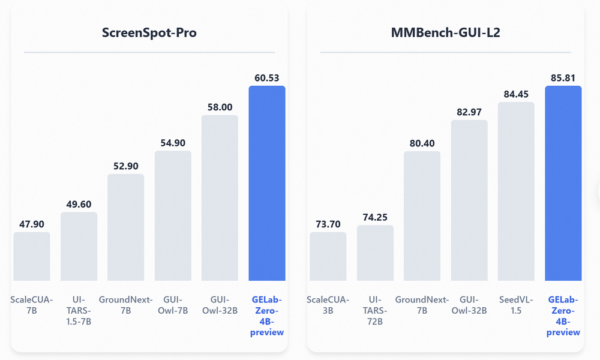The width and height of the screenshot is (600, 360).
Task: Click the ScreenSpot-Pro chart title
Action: click(x=149, y=33)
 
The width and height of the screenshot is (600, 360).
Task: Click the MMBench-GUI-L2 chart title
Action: click(x=445, y=33)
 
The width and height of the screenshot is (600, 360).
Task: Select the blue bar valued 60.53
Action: click(x=267, y=183)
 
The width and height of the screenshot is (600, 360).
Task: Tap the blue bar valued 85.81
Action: click(x=563, y=183)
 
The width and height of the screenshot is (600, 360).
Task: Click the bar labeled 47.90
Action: click(x=32, y=256)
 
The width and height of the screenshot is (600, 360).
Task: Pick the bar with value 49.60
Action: click(x=79, y=246)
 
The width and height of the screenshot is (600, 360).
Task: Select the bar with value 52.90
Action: click(x=126, y=227)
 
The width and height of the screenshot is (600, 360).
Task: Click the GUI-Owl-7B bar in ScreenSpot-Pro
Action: click(x=173, y=215)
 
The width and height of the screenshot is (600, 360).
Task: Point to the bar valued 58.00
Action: click(x=220, y=198)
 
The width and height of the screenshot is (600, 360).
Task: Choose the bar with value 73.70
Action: click(x=328, y=256)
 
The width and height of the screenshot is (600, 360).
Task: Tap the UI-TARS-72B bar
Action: click(x=375, y=253)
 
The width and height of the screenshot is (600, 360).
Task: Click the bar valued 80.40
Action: click(x=422, y=216)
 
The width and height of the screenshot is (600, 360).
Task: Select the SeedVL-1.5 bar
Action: click(x=516, y=191)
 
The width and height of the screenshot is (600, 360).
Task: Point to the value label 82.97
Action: click(x=469, y=112)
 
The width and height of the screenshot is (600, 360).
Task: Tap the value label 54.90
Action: click(x=173, y=143)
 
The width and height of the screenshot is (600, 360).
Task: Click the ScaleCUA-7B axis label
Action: click(x=32, y=305)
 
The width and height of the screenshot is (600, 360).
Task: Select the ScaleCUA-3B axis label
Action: click(x=328, y=305)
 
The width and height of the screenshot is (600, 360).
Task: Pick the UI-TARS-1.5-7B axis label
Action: click(x=79, y=310)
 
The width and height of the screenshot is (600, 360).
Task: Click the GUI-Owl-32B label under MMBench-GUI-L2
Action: click(x=469, y=305)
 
